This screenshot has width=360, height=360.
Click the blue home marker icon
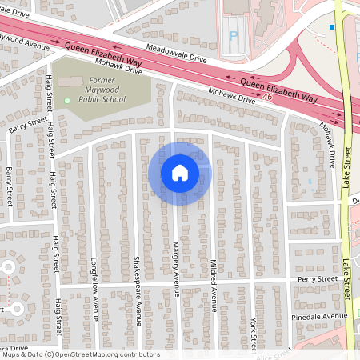coord(179,172)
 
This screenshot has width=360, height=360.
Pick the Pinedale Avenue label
coord(322,317)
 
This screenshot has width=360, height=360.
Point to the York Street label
coord(252,331)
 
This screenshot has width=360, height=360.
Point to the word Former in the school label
coord(90,79)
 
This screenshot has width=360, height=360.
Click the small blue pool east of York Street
coord(310,182)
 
